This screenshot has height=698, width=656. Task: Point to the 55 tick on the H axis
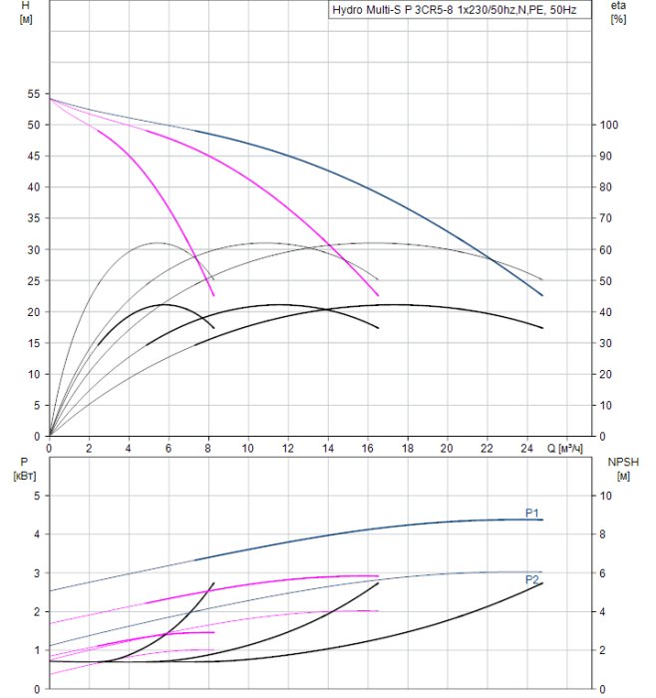[33, 94]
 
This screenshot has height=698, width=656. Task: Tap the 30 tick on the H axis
[33, 249]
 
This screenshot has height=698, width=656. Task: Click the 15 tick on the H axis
[33, 343]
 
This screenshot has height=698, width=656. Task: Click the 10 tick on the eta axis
[611, 406]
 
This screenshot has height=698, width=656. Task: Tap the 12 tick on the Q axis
[288, 448]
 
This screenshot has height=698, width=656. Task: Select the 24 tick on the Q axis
[526, 448]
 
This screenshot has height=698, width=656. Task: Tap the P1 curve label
[532, 513]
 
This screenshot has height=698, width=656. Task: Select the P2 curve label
[532, 578]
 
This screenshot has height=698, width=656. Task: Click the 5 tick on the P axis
[36, 496]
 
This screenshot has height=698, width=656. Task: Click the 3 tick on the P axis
[36, 573]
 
